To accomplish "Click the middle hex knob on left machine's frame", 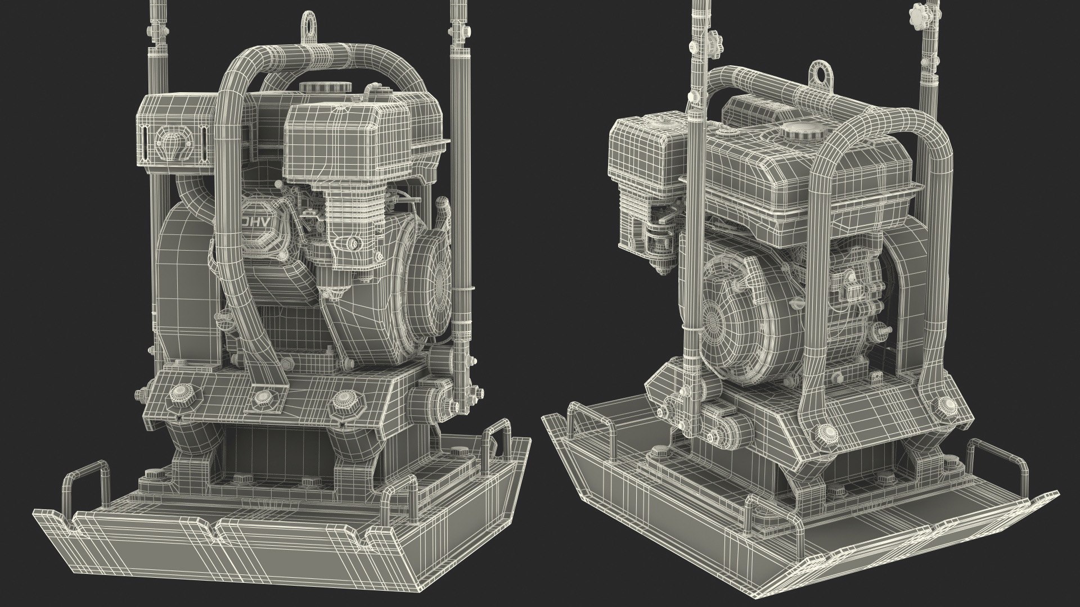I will (262, 398).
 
